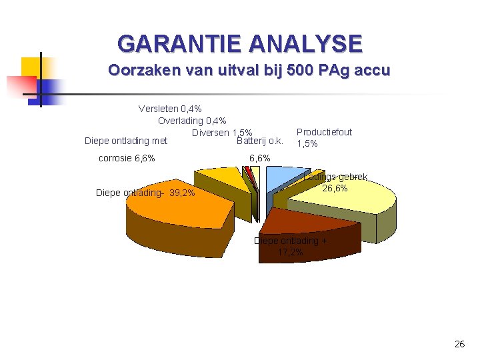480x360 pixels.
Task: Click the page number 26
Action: pos(459,344)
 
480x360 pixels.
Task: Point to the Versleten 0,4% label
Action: pos(170,109)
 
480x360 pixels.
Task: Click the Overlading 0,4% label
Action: pos(192,121)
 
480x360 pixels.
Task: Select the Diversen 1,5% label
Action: pos(222,133)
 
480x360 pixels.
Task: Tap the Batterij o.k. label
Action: pos(260,141)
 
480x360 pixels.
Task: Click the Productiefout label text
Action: pos(324,132)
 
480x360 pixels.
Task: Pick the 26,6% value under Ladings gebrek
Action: pos(335,189)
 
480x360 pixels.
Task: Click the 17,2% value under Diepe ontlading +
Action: pos(290,252)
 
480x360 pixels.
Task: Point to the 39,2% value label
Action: pos(182,193)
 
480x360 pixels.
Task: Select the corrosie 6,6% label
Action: pos(127,158)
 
